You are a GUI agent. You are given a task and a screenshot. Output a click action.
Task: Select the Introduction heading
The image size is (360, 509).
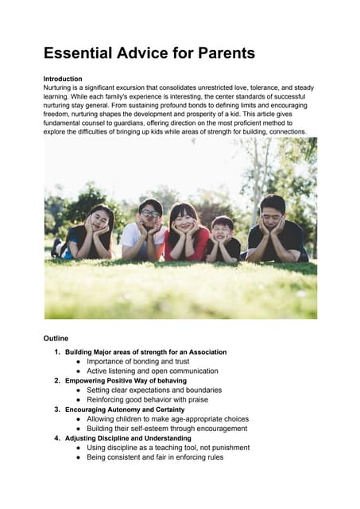(63, 79)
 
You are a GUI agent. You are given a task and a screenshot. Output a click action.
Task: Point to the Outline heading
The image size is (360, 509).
(56, 338)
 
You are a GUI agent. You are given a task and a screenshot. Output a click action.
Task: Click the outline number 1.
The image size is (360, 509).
(57, 352)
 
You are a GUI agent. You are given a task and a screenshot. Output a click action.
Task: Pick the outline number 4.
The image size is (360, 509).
(57, 438)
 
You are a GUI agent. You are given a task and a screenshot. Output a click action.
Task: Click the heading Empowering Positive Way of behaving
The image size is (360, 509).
(126, 380)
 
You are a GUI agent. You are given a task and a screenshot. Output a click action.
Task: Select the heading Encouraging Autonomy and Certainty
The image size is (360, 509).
(129, 410)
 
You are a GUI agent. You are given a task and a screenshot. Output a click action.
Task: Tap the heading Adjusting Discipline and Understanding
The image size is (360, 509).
(128, 438)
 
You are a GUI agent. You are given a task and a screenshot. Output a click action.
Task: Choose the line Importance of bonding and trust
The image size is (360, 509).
(144, 361)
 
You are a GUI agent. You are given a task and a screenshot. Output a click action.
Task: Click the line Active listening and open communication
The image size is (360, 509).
(153, 371)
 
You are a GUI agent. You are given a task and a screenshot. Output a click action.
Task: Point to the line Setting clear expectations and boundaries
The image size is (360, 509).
(154, 390)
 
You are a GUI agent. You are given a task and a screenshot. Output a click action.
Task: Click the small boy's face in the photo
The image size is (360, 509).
(223, 227)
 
